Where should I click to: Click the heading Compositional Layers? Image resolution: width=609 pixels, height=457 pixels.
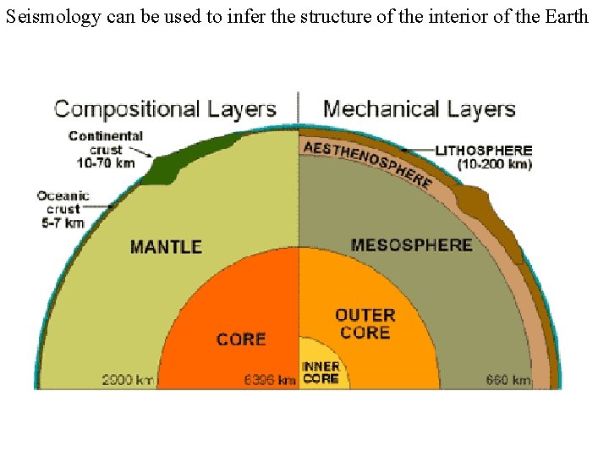pyautogui.click(x=165, y=109)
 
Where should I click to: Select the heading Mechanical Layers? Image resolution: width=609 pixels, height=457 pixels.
pyautogui.click(x=419, y=109)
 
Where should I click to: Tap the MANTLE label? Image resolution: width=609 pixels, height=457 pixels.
pyautogui.click(x=166, y=247)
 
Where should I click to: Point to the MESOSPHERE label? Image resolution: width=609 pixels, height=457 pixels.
pyautogui.click(x=411, y=245)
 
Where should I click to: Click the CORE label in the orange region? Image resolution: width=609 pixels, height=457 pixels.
pyautogui.click(x=241, y=339)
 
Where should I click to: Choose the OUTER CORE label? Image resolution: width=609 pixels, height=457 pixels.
pyautogui.click(x=365, y=323)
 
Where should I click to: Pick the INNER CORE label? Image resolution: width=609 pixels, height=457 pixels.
pyautogui.click(x=321, y=372)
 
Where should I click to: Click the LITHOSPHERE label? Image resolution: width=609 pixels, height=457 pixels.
pyautogui.click(x=484, y=151)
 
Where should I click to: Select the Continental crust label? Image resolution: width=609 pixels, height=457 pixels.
pyautogui.click(x=106, y=142)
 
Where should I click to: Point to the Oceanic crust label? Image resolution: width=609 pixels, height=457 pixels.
pyautogui.click(x=63, y=202)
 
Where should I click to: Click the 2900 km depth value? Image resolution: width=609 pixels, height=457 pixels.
pyautogui.click(x=128, y=380)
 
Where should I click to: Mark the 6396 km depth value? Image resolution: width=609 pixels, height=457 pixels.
pyautogui.click(x=269, y=380)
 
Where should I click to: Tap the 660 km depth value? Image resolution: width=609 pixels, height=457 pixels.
pyautogui.click(x=507, y=380)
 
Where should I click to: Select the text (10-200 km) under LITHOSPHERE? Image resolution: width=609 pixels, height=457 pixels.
pyautogui.click(x=495, y=164)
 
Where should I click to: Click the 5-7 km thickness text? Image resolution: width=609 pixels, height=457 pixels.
pyautogui.click(x=63, y=223)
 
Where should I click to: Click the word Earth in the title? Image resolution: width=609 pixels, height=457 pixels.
pyautogui.click(x=564, y=15)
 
